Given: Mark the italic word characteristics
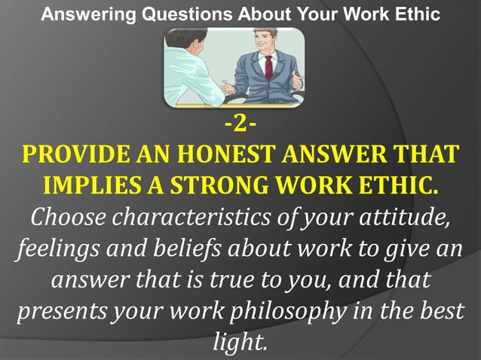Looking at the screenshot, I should tap(182, 218).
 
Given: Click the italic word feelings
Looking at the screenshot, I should tap(54, 249).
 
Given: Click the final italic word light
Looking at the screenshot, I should tap(240, 343).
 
